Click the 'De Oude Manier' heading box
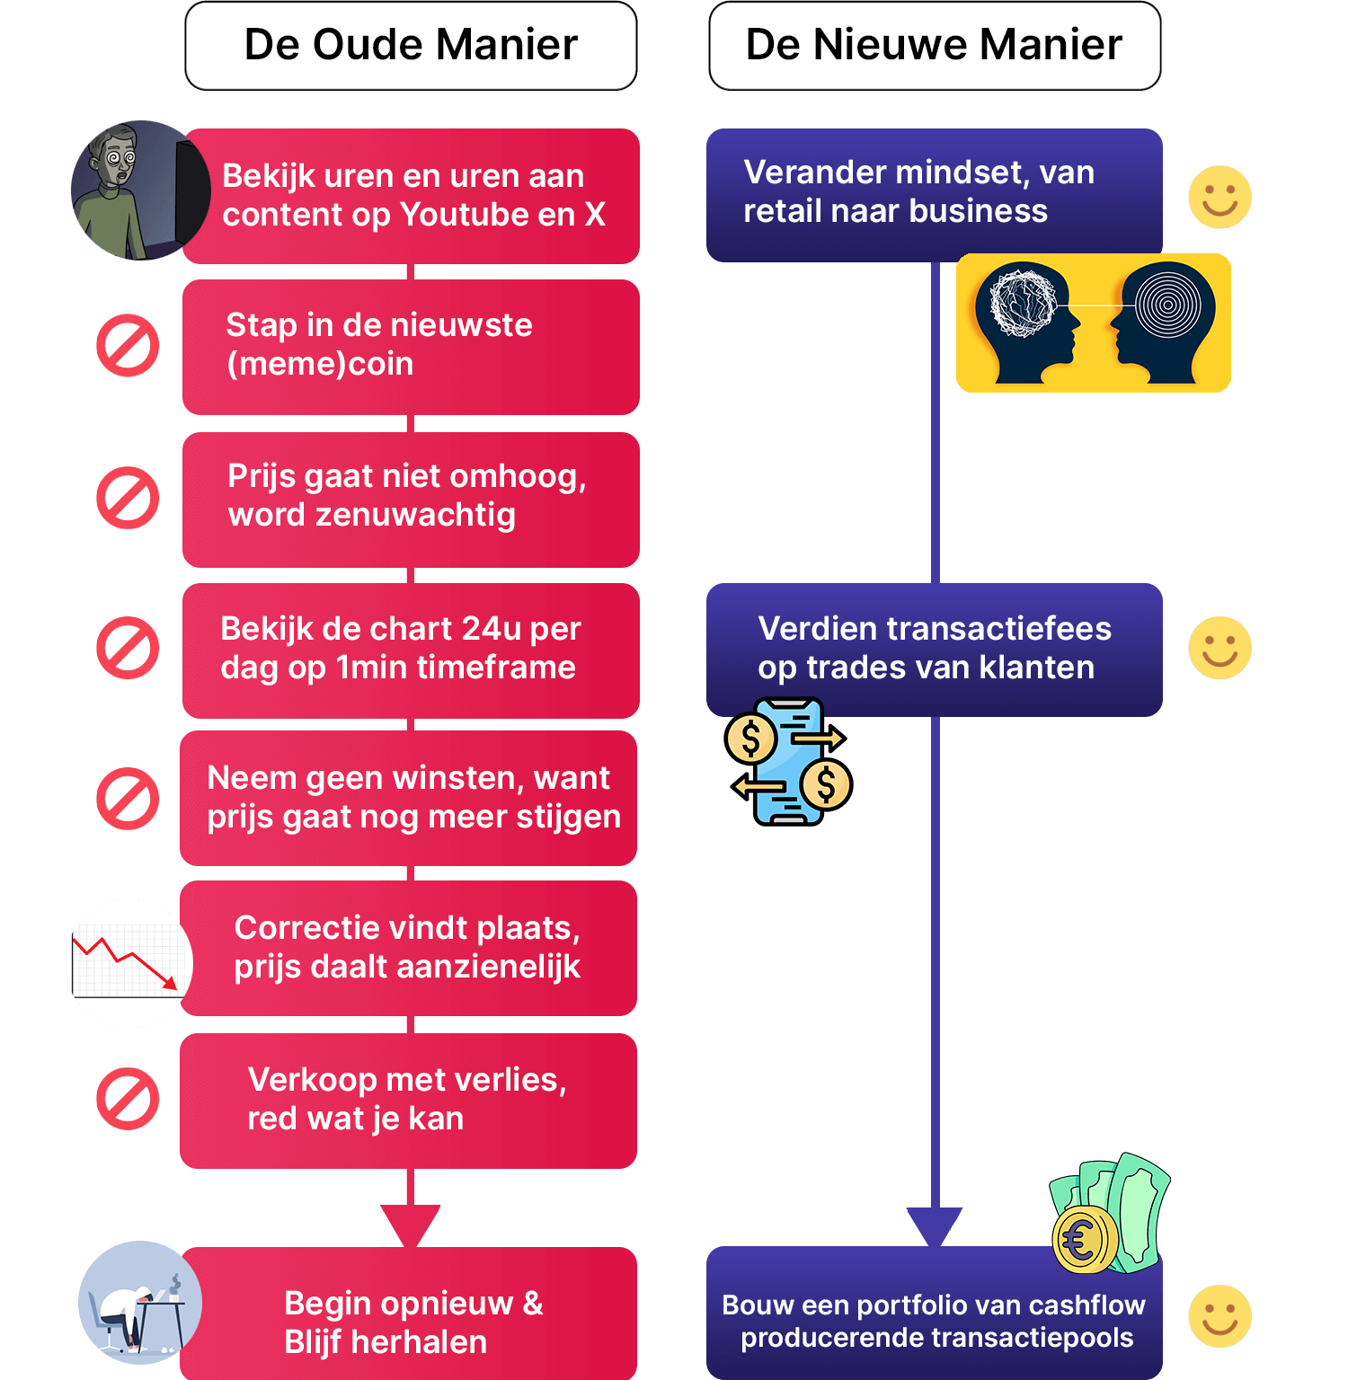tap(411, 46)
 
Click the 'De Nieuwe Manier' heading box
tap(935, 46)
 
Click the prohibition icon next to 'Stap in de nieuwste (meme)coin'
tap(128, 345)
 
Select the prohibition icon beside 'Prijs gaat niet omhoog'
tap(128, 498)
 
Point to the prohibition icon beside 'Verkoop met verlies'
tap(128, 1098)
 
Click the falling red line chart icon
tap(129, 963)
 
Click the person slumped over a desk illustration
tap(139, 1303)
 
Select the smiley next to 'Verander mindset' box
tap(1219, 197)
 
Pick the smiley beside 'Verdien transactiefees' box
tap(1219, 648)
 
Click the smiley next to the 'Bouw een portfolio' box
tap(1219, 1316)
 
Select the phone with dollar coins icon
tap(788, 760)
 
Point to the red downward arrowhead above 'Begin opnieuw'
tap(411, 1224)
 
